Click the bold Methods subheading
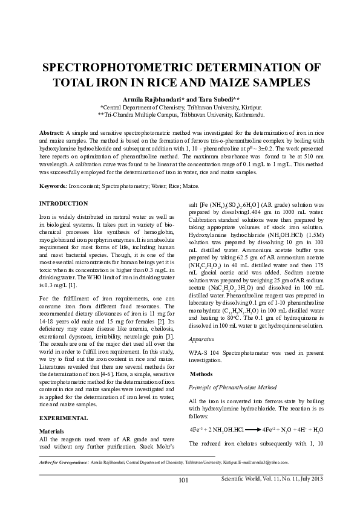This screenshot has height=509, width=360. coord(203,374)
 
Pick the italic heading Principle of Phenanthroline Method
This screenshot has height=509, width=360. coord(233,386)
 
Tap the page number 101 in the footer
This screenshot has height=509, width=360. coord(184,480)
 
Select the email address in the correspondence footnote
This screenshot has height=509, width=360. coord(269,463)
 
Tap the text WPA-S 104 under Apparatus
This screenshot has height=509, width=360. coord(206,351)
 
